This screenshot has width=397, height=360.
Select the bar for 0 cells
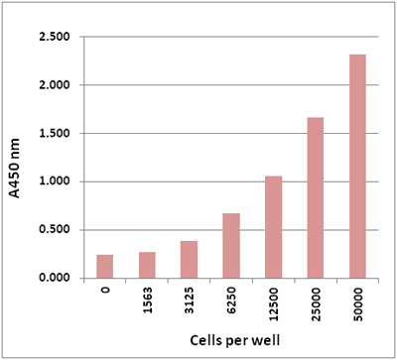pos(105,267)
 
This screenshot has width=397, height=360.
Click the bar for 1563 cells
pos(147,265)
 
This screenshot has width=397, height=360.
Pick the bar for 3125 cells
pos(189,260)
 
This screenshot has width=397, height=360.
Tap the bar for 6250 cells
pos(231,246)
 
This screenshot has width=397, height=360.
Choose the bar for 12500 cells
pos(274,227)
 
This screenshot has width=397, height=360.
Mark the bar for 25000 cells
pos(316,197)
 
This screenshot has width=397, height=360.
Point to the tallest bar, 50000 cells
pos(357,167)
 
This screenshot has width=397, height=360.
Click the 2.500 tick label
pos(55,37)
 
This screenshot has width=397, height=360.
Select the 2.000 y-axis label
pos(55,85)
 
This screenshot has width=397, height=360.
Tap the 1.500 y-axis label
pos(55,133)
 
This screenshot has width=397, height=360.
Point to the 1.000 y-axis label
pos(55,181)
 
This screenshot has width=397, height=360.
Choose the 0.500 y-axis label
pos(55,230)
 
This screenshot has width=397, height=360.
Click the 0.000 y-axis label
pos(55,278)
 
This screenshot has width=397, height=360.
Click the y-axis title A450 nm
pos(14,168)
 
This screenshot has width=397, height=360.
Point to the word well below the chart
pos(266,339)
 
